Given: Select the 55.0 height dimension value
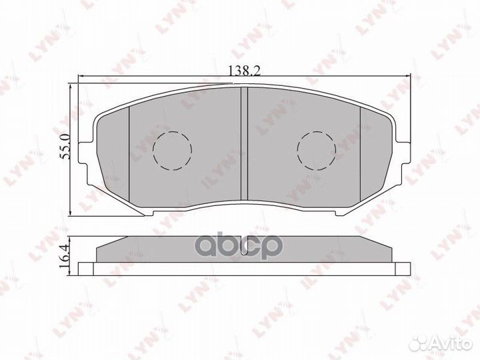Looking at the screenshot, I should tap(65, 147).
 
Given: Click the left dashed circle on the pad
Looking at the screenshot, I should tap(172, 149).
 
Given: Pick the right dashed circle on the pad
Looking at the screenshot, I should tap(315, 149).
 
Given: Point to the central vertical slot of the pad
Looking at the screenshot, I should tap(243, 143).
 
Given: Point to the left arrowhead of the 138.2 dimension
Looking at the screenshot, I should tap(82, 77).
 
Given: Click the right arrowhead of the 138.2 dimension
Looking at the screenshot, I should tap(405, 77).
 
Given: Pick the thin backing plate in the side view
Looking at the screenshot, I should tap(243, 269).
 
